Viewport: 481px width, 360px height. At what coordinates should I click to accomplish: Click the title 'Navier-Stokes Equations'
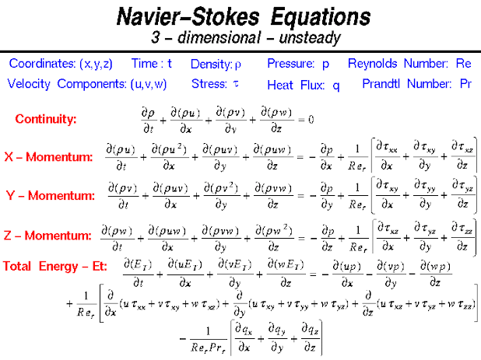[x=240, y=16]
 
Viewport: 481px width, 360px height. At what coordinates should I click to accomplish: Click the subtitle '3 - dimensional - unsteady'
[x=240, y=37]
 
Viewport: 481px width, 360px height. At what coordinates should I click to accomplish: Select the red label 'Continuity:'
[x=46, y=119]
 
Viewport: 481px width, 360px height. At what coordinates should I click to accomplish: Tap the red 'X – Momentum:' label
[x=48, y=157]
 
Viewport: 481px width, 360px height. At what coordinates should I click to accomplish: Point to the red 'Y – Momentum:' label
[x=50, y=194]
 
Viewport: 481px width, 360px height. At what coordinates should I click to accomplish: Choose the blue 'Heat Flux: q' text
[x=304, y=85]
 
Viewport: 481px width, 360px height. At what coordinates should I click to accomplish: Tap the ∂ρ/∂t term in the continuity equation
[x=149, y=119]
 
